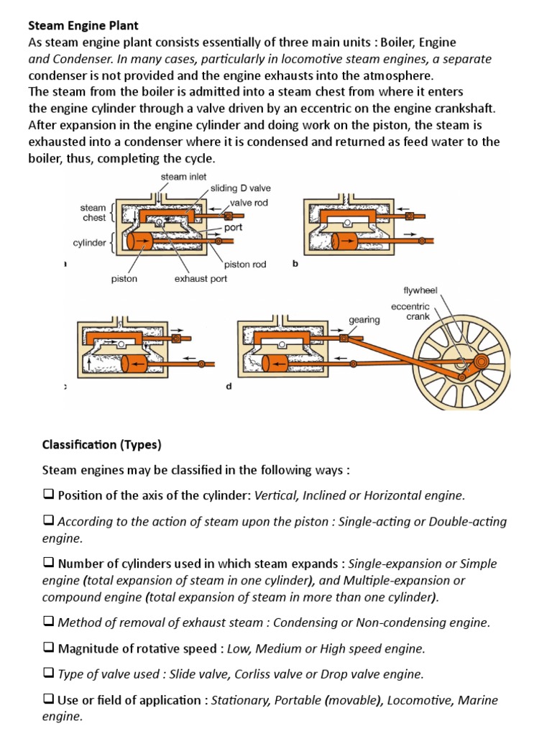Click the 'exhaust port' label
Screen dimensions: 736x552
click(201, 278)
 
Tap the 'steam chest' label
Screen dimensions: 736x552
click(93, 213)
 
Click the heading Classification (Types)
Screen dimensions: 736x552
click(101, 445)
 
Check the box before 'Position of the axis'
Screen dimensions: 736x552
click(48, 494)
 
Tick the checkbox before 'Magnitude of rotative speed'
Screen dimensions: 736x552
click(48, 648)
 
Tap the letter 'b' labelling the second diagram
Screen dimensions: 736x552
click(295, 264)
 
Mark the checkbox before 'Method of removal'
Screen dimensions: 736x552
click(48, 622)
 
